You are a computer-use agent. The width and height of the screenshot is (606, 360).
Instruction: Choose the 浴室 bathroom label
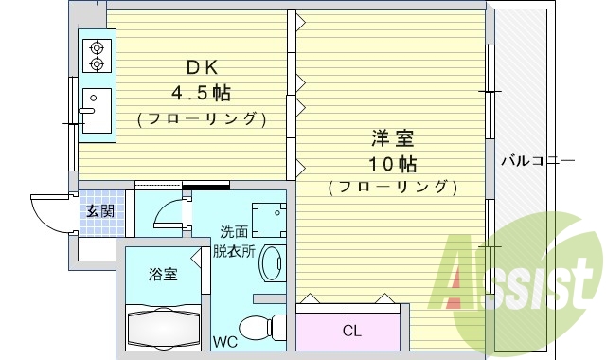pyautogui.click(x=162, y=275)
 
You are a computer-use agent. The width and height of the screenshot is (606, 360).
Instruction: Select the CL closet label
pyautogui.click(x=351, y=331)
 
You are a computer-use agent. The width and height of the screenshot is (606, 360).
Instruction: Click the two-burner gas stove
pyautogui.click(x=97, y=55)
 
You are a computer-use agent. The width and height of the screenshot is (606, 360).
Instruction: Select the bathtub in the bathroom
pyautogui.click(x=162, y=325)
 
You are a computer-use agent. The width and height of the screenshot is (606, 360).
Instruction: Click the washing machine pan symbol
pyautogui.click(x=268, y=217)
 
